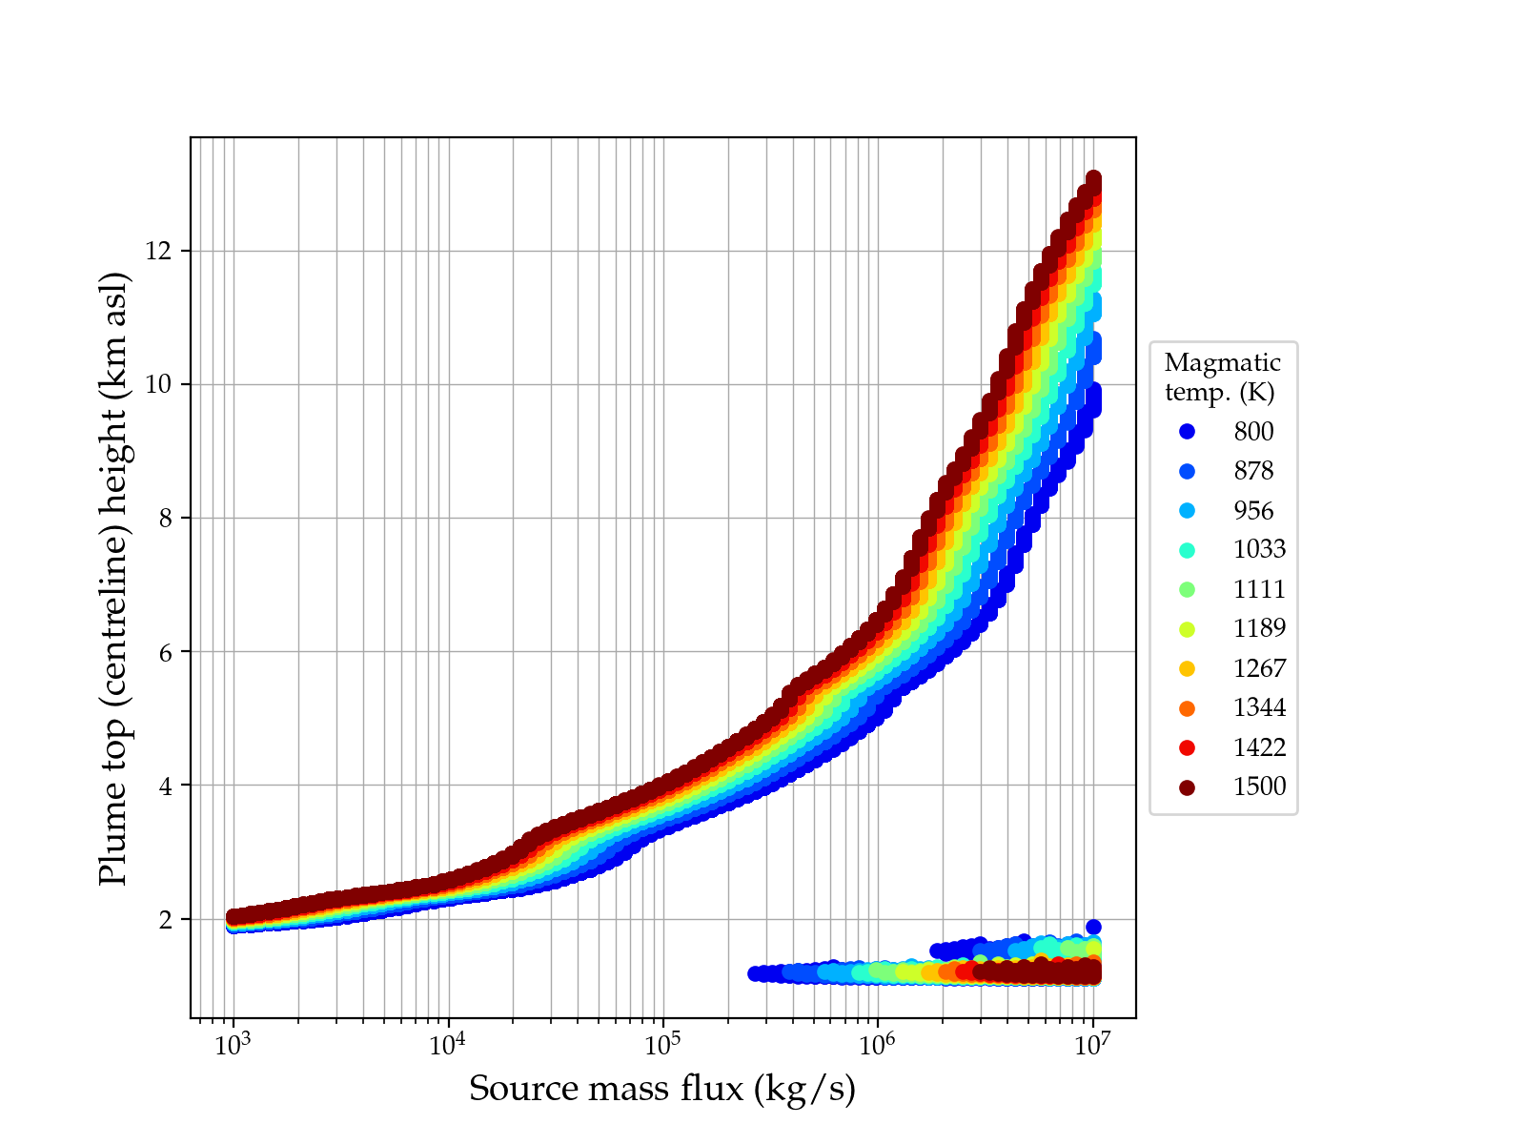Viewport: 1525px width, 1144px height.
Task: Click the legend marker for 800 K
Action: (x=1187, y=432)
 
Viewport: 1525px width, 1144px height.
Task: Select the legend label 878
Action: (x=1253, y=471)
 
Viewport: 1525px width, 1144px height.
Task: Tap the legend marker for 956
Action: (x=1187, y=511)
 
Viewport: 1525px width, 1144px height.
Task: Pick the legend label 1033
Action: (x=1259, y=550)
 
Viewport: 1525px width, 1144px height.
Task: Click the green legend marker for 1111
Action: (x=1187, y=590)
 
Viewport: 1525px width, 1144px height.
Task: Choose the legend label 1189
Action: (x=1259, y=629)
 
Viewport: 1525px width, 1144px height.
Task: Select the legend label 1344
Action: (x=1259, y=708)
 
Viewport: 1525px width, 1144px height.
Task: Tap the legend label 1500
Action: (x=1259, y=787)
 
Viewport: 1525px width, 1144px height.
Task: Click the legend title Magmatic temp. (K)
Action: (x=1222, y=378)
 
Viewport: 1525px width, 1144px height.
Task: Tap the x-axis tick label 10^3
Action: (x=233, y=1046)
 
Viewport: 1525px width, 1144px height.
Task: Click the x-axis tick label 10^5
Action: (x=662, y=1046)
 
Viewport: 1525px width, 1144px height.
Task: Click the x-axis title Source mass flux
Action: (x=662, y=1089)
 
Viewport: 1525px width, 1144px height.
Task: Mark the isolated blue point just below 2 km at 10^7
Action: (x=1093, y=928)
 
